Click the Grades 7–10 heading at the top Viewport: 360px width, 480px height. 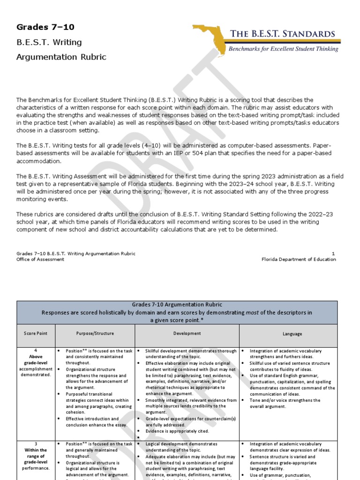click(x=45, y=27)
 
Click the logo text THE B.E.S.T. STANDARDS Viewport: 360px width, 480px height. click(x=282, y=34)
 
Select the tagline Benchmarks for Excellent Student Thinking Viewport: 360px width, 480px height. click(x=283, y=49)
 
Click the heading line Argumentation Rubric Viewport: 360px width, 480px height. click(x=61, y=57)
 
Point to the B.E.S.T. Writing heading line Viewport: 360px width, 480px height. click(x=49, y=42)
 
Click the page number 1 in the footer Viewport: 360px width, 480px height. click(x=333, y=254)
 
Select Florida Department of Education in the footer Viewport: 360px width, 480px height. click(x=299, y=259)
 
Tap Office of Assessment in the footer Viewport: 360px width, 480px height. click(x=40, y=259)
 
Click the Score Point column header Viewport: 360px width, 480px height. click(x=36, y=334)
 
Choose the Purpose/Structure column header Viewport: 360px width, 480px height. click(x=95, y=334)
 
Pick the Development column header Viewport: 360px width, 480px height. click(x=187, y=334)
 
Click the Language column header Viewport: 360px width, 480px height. click(x=292, y=334)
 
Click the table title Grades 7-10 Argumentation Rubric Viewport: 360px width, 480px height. click(x=177, y=305)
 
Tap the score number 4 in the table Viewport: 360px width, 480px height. click(x=36, y=351)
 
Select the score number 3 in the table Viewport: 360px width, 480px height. click(x=36, y=443)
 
